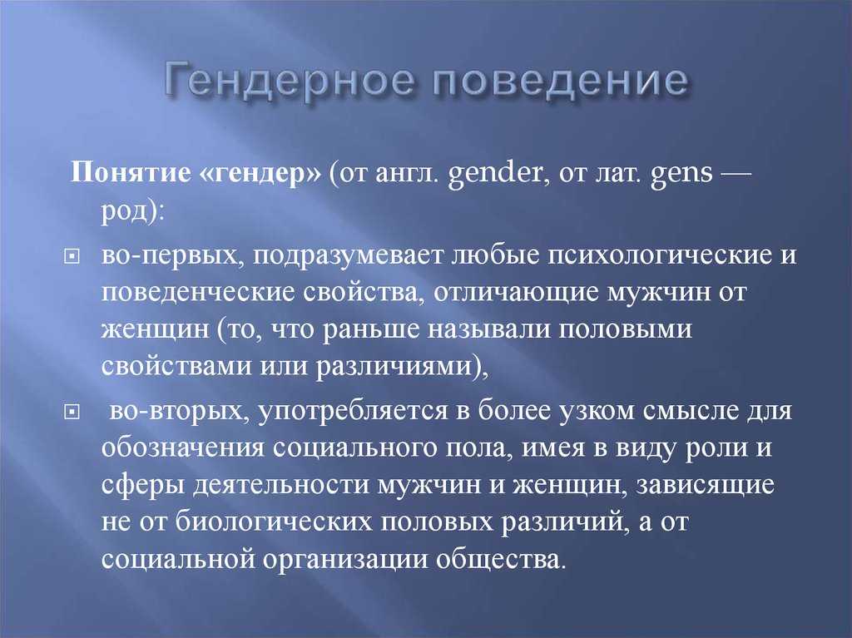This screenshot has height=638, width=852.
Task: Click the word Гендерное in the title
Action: coord(290,81)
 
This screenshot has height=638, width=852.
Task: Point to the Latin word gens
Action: coord(681,174)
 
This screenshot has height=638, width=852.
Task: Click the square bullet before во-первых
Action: coord(72,256)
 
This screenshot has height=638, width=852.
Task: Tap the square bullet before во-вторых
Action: coord(72,413)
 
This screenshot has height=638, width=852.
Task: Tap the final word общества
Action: coord(498,559)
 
